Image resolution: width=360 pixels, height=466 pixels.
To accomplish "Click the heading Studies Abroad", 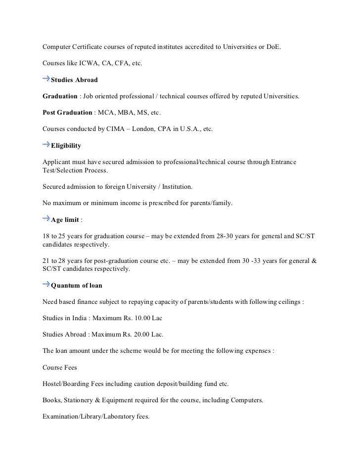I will pyautogui.click(x=74, y=80).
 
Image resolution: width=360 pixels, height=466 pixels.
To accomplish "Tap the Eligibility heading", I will pyautogui.click(x=66, y=146).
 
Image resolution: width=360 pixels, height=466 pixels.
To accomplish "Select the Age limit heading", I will pyautogui.click(x=65, y=219).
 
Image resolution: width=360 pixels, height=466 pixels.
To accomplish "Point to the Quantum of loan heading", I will pyautogui.click(x=77, y=285).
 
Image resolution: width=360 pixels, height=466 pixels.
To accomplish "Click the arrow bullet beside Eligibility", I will pyautogui.click(x=45, y=145).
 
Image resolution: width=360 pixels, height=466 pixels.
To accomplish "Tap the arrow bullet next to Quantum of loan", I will pyautogui.click(x=45, y=284).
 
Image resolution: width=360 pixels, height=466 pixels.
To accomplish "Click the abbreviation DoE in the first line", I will pyautogui.click(x=274, y=48).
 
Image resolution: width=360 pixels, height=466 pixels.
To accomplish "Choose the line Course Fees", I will pyautogui.click(x=60, y=367).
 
